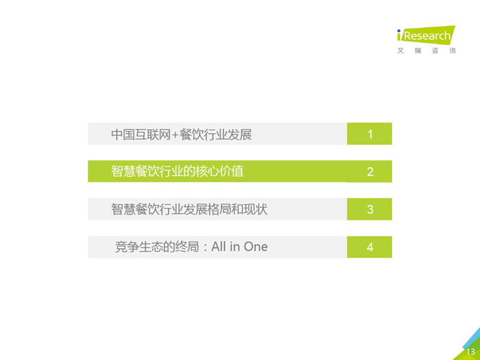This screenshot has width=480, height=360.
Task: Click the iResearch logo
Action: (x=426, y=40)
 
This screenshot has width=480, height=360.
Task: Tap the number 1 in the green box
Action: (x=370, y=134)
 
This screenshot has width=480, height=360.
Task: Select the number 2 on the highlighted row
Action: (x=370, y=171)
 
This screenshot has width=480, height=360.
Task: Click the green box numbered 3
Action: (x=370, y=209)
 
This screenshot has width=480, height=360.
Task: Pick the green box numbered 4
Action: (x=370, y=247)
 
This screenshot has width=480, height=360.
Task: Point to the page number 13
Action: (x=470, y=352)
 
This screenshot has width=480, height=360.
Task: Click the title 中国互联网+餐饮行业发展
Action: (x=182, y=134)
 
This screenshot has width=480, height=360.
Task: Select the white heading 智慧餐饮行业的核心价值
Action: (x=177, y=171)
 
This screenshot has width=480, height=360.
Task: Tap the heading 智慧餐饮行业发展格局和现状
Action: (x=189, y=209)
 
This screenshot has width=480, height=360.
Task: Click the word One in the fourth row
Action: (x=256, y=247)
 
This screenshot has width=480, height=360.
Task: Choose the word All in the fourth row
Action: (x=219, y=246)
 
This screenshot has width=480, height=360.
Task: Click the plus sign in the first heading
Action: (x=175, y=134)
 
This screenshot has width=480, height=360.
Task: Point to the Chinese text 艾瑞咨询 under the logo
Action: (x=427, y=51)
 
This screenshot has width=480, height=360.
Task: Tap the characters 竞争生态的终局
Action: (x=157, y=247)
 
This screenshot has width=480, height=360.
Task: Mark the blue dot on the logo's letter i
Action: (x=399, y=31)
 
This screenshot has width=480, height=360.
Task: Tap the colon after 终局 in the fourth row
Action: (x=205, y=248)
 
